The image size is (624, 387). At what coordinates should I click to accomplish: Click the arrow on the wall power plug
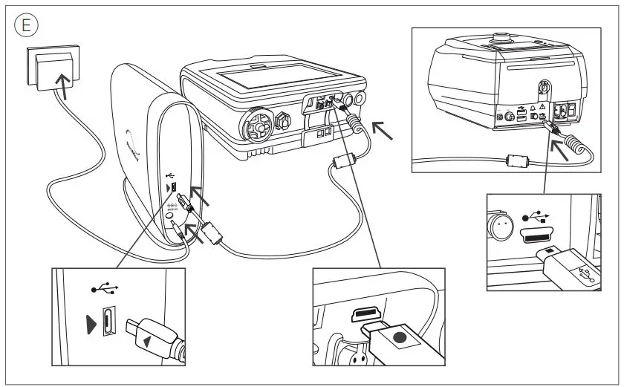pos(66,87)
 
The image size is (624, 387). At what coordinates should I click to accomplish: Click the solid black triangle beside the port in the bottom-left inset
pos(91,324)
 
